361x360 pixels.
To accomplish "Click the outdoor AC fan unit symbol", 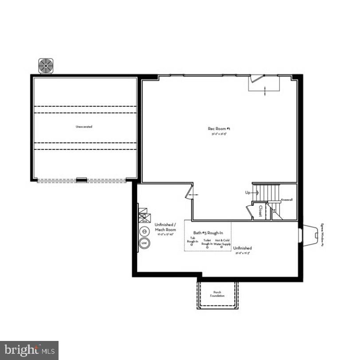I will click(x=46, y=66).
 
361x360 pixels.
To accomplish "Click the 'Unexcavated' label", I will click(x=84, y=127).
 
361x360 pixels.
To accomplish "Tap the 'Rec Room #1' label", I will click(x=219, y=129).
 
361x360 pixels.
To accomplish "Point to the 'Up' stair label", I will click(x=248, y=193).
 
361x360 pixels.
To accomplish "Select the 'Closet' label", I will click(x=260, y=211).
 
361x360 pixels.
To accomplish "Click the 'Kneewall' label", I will click(x=287, y=200).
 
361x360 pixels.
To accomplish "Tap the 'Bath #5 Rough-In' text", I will click(x=208, y=233).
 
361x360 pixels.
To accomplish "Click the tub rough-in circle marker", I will click(x=192, y=245).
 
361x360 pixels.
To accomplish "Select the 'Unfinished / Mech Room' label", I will click(x=165, y=227).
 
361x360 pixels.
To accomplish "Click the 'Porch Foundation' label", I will click(x=217, y=294).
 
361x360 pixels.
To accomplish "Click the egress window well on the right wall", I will click(x=307, y=234).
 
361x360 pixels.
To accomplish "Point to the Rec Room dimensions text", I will click(x=219, y=133).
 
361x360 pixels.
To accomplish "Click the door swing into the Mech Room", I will click(x=191, y=194).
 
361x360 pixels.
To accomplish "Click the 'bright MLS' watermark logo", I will click(x=29, y=350).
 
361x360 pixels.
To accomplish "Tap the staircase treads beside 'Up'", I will click(x=269, y=193).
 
